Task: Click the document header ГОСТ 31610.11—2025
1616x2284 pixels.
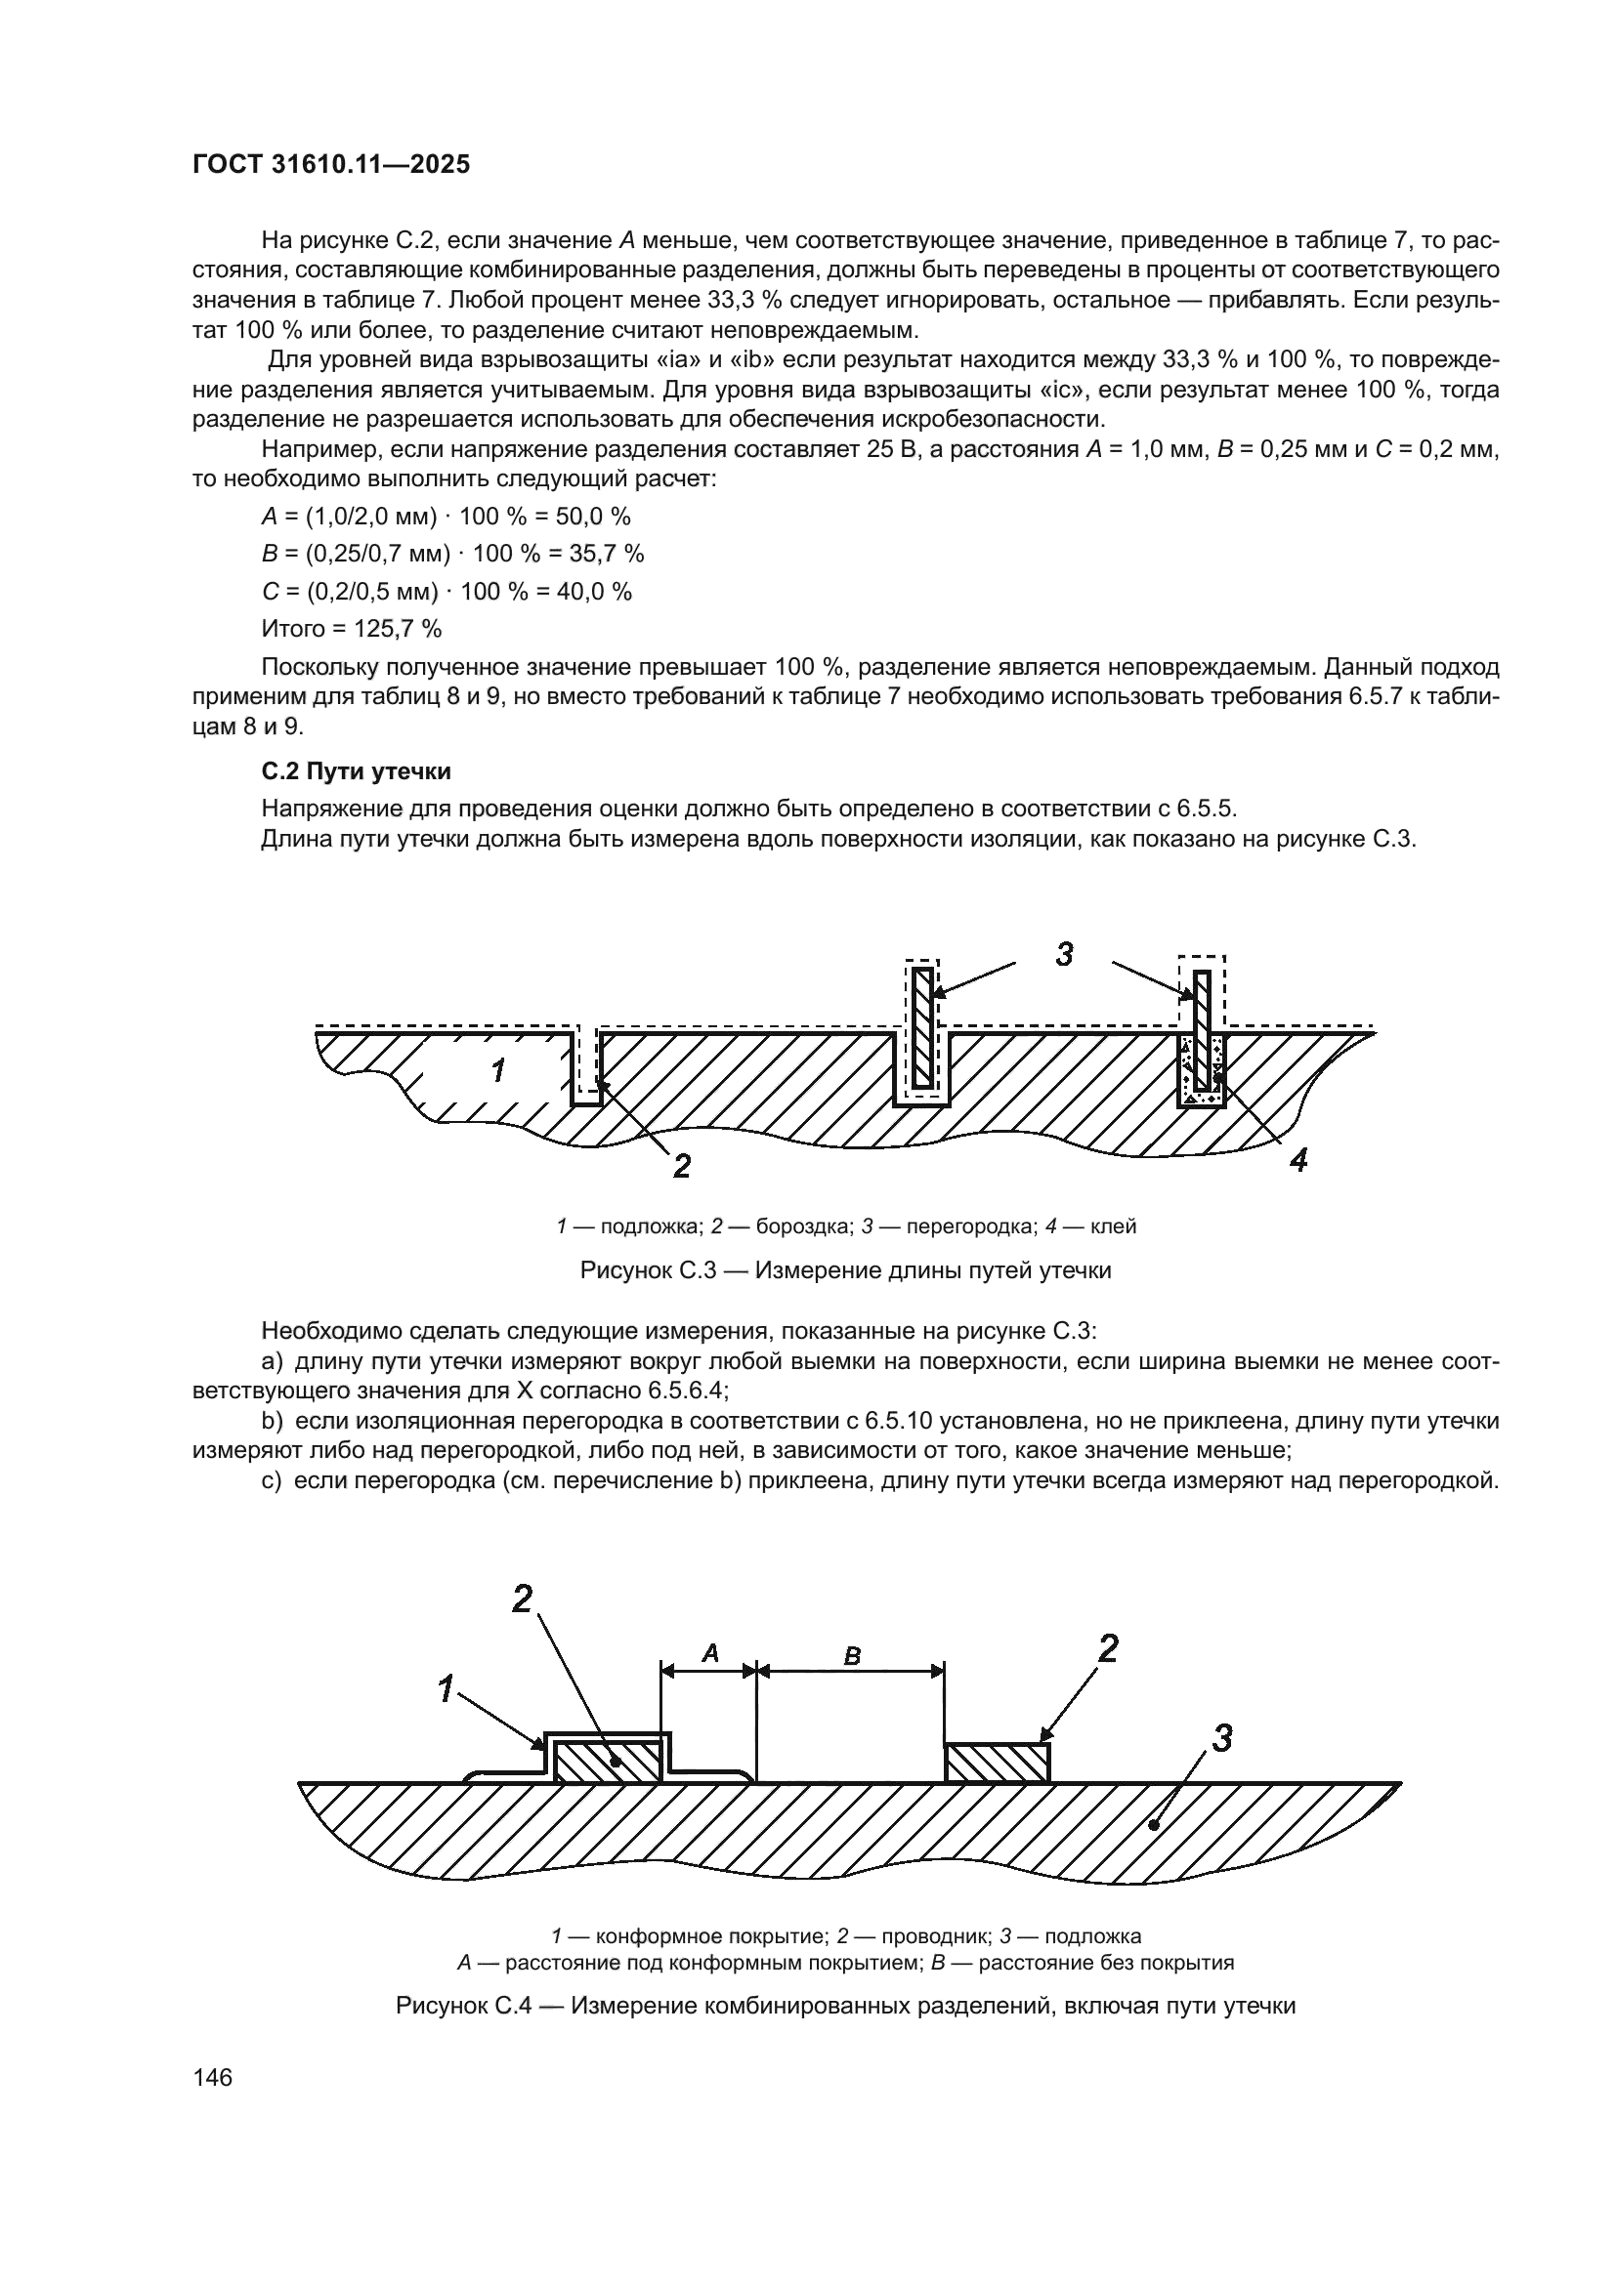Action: (330, 165)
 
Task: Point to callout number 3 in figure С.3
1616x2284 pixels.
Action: (1064, 954)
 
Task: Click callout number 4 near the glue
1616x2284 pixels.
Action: (1297, 1159)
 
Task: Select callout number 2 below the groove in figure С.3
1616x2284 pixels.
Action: (682, 1165)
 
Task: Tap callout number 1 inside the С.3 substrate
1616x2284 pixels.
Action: (497, 1071)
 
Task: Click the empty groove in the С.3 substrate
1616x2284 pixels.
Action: (587, 1066)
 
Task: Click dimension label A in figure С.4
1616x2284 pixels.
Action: (710, 1654)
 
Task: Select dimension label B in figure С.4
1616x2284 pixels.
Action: (852, 1656)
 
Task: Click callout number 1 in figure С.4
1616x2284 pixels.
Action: (447, 1688)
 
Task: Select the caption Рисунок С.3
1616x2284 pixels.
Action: (845, 1270)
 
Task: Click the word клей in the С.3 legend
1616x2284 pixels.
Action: (1114, 1226)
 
